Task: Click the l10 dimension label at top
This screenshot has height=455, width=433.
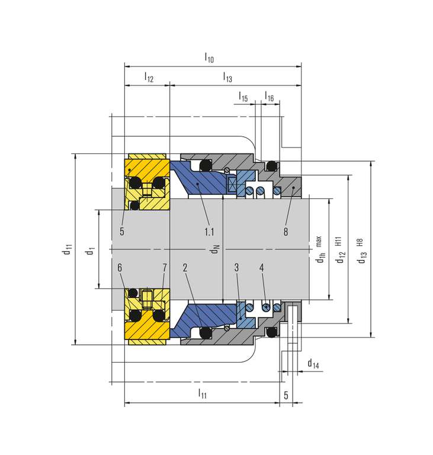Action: coord(209,57)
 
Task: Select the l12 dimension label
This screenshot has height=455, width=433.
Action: coord(149,77)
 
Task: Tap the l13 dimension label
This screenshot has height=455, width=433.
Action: coord(227,77)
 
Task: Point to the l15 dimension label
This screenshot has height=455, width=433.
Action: coord(243,97)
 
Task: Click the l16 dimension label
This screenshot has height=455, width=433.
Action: coord(269,97)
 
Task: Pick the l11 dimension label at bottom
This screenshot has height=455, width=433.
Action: coord(202,393)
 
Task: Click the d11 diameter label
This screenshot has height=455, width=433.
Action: coord(67,249)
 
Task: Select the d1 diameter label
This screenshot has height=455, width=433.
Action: coord(90,251)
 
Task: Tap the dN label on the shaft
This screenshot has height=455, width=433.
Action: coord(215,249)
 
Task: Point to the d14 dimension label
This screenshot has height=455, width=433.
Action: coord(313,363)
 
